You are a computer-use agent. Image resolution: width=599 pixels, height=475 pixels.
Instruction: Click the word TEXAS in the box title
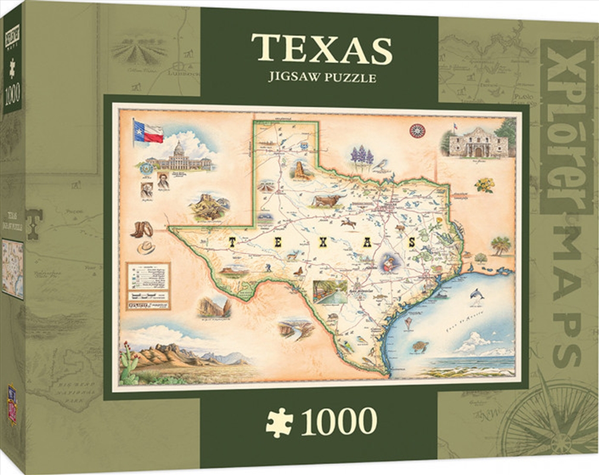coord(321,49)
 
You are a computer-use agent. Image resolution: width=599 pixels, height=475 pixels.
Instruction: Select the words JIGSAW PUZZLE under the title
coord(321,77)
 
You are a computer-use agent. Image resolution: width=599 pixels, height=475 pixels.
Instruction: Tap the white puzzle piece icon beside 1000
coord(280,422)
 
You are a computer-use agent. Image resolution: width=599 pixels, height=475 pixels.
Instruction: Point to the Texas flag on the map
coord(148,131)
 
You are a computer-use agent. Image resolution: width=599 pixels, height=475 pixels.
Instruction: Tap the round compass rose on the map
coord(417,131)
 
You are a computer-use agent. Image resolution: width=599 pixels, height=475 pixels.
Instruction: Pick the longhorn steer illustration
coord(327,200)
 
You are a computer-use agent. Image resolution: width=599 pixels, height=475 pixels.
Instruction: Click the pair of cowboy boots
coord(142,229)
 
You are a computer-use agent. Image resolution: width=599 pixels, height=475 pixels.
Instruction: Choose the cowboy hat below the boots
coord(146,247)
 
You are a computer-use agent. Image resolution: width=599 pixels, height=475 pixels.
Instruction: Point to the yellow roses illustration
coord(484,185)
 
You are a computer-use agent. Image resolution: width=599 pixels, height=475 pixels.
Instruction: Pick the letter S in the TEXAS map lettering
coord(411,242)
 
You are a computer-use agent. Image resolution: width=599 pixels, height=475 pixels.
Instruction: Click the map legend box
coord(148,285)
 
